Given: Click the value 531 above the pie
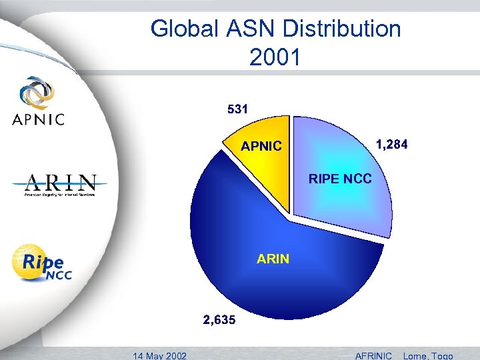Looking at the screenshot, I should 237,107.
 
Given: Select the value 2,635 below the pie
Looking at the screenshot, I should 219,320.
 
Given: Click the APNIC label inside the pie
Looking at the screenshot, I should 261,146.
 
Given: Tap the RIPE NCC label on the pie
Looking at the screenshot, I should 340,179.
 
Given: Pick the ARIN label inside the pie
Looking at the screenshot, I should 273,259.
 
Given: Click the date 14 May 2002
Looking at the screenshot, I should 159,355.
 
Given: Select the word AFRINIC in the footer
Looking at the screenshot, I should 374,355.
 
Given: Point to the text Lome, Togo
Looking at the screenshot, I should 427,355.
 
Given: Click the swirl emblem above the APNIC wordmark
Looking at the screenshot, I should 38,91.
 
